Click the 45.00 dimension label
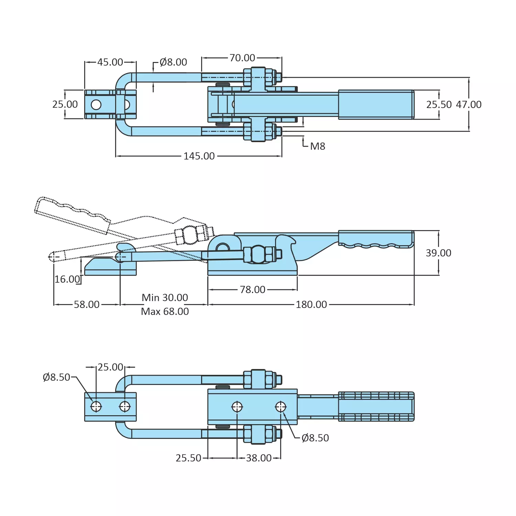[x=110, y=62]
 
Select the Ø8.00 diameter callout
[x=173, y=62]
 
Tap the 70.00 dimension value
[x=242, y=58]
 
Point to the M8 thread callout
[x=317, y=147]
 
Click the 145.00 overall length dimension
[x=199, y=156]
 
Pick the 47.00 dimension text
[x=469, y=105]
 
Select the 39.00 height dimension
[x=438, y=253]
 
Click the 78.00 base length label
[x=253, y=290]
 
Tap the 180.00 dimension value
[x=311, y=305]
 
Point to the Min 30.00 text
[x=165, y=298]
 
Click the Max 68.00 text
[x=165, y=312]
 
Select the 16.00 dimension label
[x=67, y=279]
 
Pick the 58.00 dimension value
[x=87, y=305]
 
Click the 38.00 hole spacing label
[x=259, y=458]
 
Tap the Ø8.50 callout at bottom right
[x=315, y=438]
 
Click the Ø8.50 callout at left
[x=56, y=377]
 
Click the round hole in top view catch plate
[x=96, y=105]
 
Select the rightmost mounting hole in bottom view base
[x=281, y=407]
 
